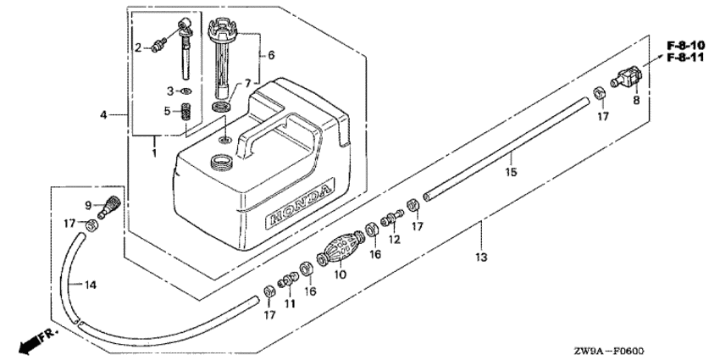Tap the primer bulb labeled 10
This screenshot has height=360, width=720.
[x=340, y=248]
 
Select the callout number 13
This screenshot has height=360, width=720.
[x=481, y=258]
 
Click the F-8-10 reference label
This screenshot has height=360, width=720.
[x=685, y=46]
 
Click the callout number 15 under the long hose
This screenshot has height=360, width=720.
[x=511, y=172]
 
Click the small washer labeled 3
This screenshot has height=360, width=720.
[x=186, y=91]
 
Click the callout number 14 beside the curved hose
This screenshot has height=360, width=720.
[x=91, y=285]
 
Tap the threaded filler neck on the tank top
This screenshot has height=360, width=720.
[x=221, y=162]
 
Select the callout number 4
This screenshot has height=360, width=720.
[x=103, y=114]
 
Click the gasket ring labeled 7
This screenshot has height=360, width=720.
[x=222, y=108]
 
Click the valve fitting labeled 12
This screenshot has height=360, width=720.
[x=390, y=217]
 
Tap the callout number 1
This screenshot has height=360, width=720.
[x=154, y=152]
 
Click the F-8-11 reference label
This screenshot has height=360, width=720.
[x=685, y=57]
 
